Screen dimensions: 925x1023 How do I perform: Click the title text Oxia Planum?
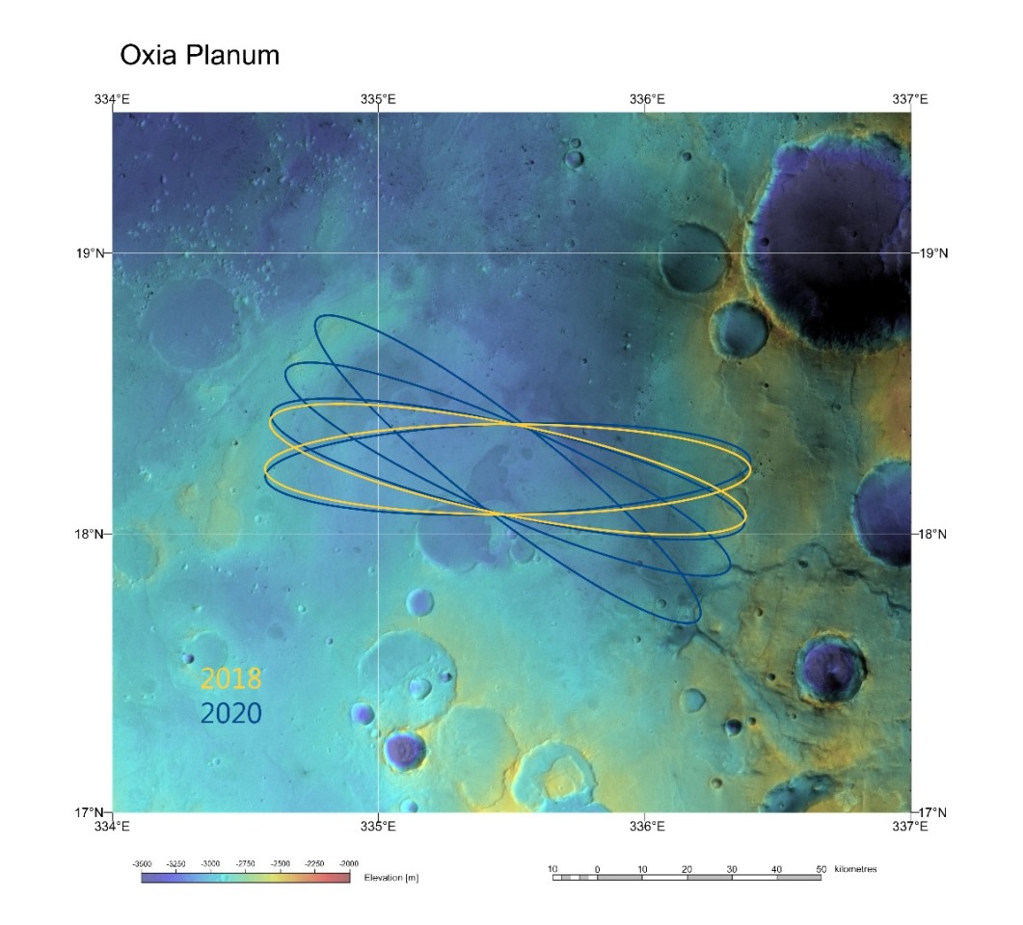point(199,55)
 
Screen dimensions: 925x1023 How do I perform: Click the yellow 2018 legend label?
point(230,678)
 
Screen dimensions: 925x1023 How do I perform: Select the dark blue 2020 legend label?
point(230,713)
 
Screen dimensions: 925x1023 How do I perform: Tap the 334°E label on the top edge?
point(113,99)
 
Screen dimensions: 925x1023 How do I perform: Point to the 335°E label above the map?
point(378,99)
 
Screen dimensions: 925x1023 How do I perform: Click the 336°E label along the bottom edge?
point(645,825)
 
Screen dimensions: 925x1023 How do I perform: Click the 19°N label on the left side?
point(93,253)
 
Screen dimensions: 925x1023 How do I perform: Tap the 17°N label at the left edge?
point(93,812)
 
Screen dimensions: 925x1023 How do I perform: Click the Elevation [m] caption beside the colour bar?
point(391,878)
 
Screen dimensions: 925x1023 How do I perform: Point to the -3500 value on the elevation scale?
point(144,863)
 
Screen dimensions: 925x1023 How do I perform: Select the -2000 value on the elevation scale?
point(348,863)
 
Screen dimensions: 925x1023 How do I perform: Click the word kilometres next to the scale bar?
point(854,869)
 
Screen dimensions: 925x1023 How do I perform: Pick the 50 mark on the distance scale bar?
point(821,869)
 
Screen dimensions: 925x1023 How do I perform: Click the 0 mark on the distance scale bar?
point(598,869)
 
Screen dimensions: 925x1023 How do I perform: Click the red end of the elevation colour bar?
point(342,878)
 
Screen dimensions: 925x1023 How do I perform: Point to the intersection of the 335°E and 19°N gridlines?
point(379,253)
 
